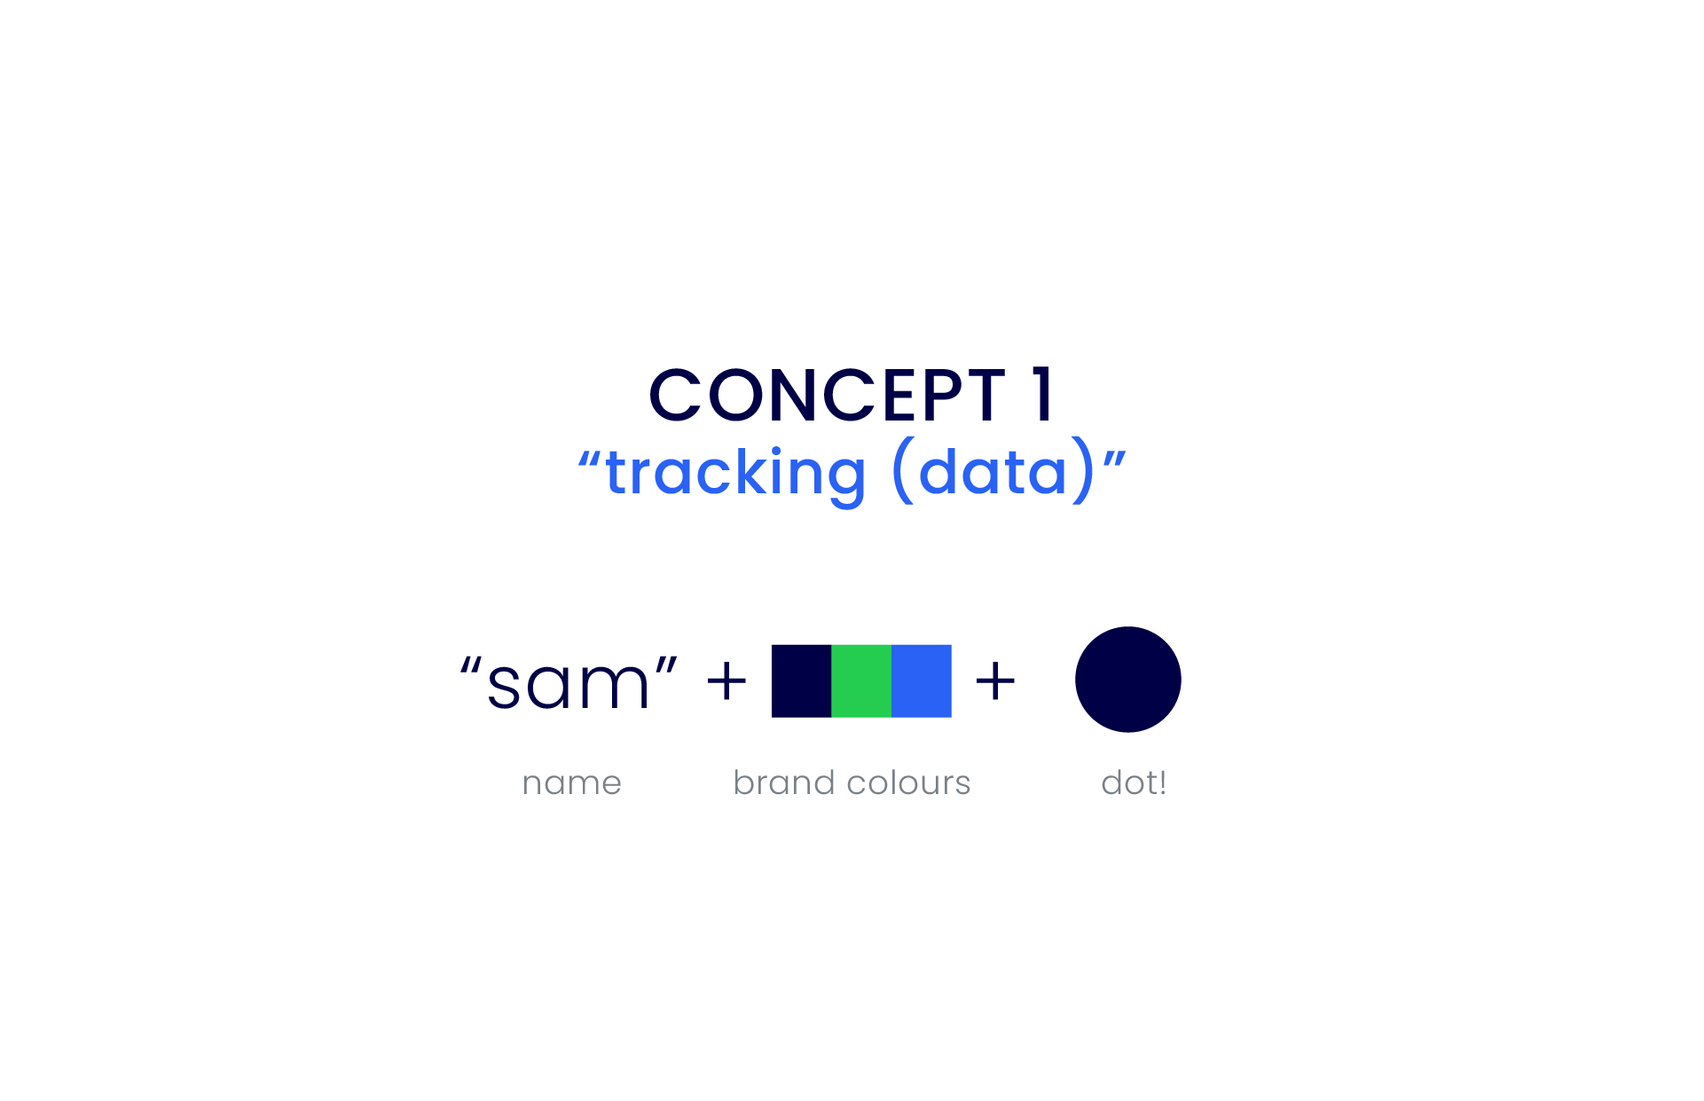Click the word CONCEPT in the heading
828,395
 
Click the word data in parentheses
993,470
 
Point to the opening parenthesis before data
902,470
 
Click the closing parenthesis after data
1084,470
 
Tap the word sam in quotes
569,685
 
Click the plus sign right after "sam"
726,681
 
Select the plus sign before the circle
995,681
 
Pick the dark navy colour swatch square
802,681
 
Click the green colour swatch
861,681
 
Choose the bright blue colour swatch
922,681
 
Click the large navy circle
1128,680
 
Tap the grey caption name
572,783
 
